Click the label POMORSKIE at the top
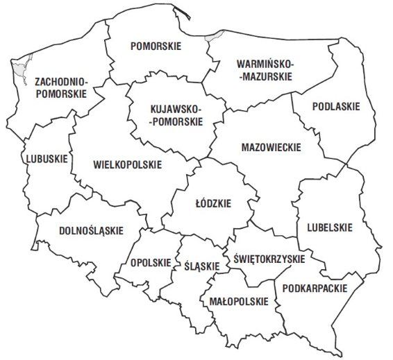(x=156, y=46)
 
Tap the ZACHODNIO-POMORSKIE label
(x=60, y=87)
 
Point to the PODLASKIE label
(x=336, y=108)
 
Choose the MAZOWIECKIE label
(x=271, y=148)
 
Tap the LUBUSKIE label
(x=47, y=159)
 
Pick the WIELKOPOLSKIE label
(x=126, y=165)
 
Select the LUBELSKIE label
(x=325, y=227)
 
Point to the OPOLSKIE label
(x=150, y=263)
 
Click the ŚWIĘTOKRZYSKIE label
(x=266, y=259)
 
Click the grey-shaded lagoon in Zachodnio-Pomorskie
(x=22, y=67)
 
